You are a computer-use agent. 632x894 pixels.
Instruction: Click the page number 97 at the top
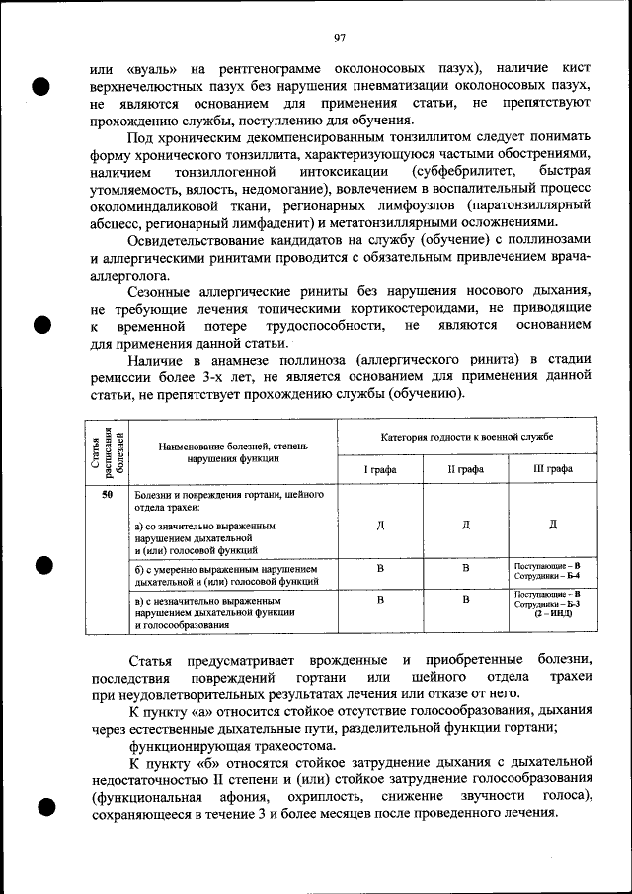(339, 39)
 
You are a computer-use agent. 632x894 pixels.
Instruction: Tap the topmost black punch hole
(40, 86)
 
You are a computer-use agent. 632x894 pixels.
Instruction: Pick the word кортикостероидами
(363, 309)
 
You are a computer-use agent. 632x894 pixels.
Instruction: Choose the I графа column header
(380, 469)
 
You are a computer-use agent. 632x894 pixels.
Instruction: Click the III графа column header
(552, 469)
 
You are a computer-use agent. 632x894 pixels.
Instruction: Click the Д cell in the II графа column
(466, 524)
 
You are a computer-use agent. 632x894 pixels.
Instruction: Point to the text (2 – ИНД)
(553, 613)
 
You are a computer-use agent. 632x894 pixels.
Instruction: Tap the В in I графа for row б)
(380, 569)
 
